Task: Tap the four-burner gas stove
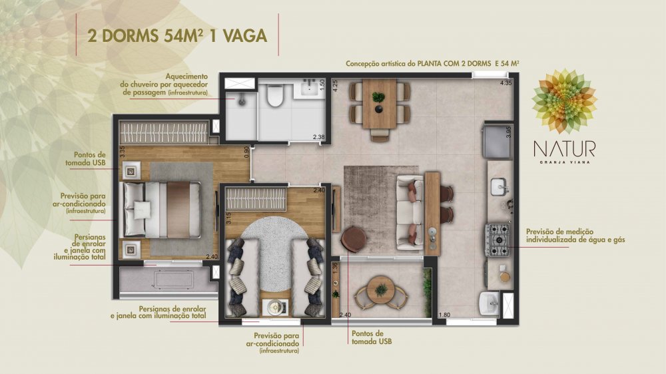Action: tap(498, 240)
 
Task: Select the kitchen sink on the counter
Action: tap(499, 187)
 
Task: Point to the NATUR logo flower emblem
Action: tap(564, 101)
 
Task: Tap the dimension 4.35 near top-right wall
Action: tap(506, 83)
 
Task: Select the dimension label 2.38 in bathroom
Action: tap(318, 137)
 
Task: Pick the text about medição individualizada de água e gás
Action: tap(575, 236)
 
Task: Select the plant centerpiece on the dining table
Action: tap(378, 98)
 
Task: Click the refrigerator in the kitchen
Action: tap(498, 141)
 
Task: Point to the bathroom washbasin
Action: tap(310, 89)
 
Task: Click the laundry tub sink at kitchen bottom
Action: tap(490, 304)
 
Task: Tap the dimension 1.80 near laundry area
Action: tap(444, 315)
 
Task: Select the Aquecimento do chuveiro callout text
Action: tap(164, 85)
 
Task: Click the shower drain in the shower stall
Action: tap(241, 101)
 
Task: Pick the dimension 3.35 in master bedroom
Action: tap(122, 152)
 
